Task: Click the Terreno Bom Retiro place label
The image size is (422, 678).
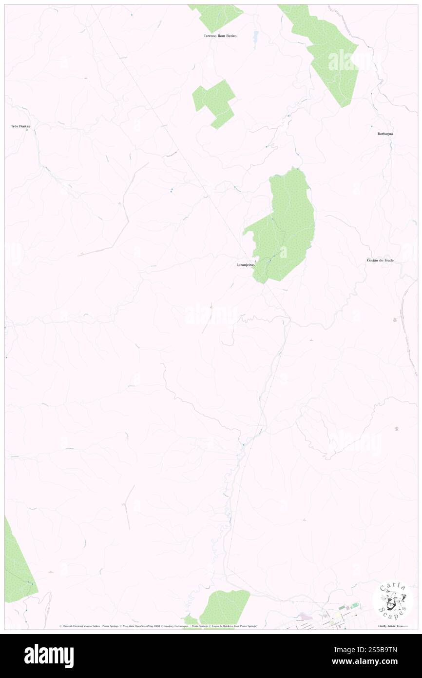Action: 220,36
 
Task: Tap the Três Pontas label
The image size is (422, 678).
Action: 20,126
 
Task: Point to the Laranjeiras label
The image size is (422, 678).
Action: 243,265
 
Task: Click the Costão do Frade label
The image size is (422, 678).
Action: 380,260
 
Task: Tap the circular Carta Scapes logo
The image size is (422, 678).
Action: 392,601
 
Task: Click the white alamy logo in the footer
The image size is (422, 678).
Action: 49,656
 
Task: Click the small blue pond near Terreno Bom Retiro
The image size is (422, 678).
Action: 255,37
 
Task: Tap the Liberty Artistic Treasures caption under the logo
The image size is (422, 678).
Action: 392,626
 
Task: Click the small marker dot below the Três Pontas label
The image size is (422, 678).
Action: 27,130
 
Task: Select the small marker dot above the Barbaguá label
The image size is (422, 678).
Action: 371,127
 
